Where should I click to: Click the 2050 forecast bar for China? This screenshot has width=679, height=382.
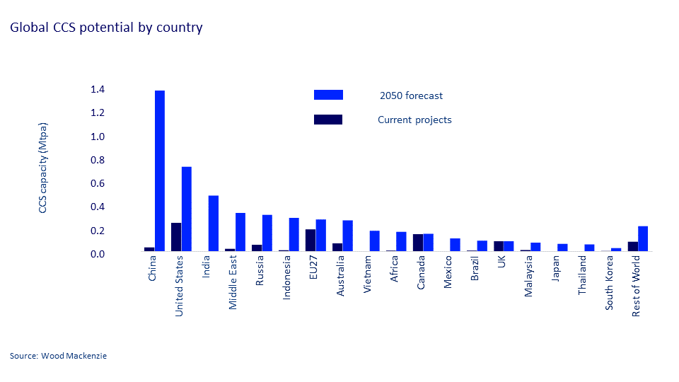pyautogui.click(x=160, y=170)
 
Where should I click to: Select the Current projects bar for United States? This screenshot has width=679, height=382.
pyautogui.click(x=176, y=237)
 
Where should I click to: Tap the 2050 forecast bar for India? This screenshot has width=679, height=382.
pyautogui.click(x=214, y=224)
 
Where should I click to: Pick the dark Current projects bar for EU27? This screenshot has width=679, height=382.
pyautogui.click(x=311, y=240)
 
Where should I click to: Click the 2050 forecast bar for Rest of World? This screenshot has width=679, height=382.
pyautogui.click(x=643, y=238)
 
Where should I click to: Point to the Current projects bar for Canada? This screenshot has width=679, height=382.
pyautogui.click(x=418, y=243)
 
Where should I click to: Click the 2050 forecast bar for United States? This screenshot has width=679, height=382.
pyautogui.click(x=187, y=209)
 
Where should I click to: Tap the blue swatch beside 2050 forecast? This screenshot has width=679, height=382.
pyautogui.click(x=328, y=95)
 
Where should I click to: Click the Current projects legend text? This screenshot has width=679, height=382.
pyautogui.click(x=414, y=120)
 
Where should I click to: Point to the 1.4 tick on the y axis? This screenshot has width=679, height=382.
pyautogui.click(x=98, y=90)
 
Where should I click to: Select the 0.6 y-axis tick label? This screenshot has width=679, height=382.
pyautogui.click(x=98, y=184)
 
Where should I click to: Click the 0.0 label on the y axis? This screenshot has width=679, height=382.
pyautogui.click(x=98, y=254)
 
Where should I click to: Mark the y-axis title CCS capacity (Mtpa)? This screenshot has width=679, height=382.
pyautogui.click(x=43, y=168)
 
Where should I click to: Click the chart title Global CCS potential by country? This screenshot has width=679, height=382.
pyautogui.click(x=106, y=28)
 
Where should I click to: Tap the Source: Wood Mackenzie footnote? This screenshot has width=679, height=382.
pyautogui.click(x=58, y=356)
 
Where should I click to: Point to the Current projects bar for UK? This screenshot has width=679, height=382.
pyautogui.click(x=499, y=246)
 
